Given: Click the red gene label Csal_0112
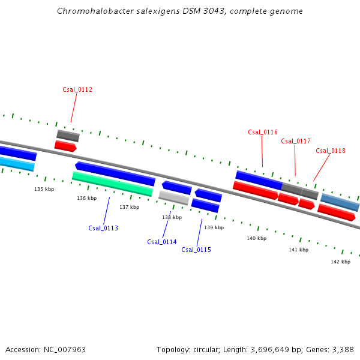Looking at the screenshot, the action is pyautogui.click(x=77, y=89).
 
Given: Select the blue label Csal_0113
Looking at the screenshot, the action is pyautogui.click(x=103, y=228).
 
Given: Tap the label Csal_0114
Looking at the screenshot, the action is pyautogui.click(x=162, y=242).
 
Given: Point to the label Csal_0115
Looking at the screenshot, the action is pyautogui.click(x=196, y=250).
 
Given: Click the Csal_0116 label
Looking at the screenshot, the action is pyautogui.click(x=263, y=132).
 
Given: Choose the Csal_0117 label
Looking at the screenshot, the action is pyautogui.click(x=296, y=141).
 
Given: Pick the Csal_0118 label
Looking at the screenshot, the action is pyautogui.click(x=331, y=151).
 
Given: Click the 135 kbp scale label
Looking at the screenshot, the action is pyautogui.click(x=44, y=189).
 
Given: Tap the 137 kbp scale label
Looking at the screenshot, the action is pyautogui.click(x=130, y=207).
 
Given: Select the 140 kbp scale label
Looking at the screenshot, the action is pyautogui.click(x=257, y=238).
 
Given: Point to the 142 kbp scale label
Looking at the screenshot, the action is pyautogui.click(x=340, y=262).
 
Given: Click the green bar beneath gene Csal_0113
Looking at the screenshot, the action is pyautogui.click(x=113, y=184).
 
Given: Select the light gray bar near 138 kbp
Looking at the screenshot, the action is pyautogui.click(x=174, y=197).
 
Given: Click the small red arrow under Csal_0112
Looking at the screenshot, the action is pyautogui.click(x=65, y=146).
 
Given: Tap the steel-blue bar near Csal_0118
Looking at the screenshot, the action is pyautogui.click(x=340, y=202).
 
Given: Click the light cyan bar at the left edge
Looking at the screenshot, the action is pyautogui.click(x=17, y=163).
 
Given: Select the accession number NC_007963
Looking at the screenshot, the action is pyautogui.click(x=65, y=350).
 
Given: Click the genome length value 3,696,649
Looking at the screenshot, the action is pyautogui.click(x=270, y=350).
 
